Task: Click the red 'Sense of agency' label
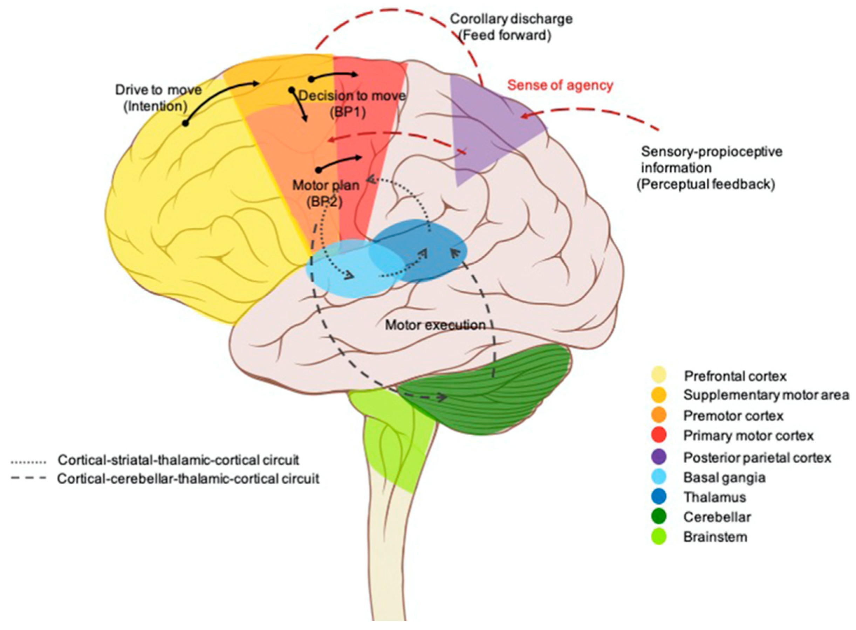(x=560, y=85)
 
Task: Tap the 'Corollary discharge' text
(x=511, y=19)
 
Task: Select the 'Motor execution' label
(x=435, y=325)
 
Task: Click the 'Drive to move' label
(x=158, y=90)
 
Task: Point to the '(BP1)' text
(x=347, y=112)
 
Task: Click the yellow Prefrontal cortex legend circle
(x=659, y=375)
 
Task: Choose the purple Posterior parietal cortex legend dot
(x=659, y=457)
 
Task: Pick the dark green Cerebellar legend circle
(x=659, y=517)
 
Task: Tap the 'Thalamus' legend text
(x=714, y=497)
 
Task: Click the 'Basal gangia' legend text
(x=724, y=477)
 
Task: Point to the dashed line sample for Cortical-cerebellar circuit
(x=29, y=478)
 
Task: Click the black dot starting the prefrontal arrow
(x=185, y=124)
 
